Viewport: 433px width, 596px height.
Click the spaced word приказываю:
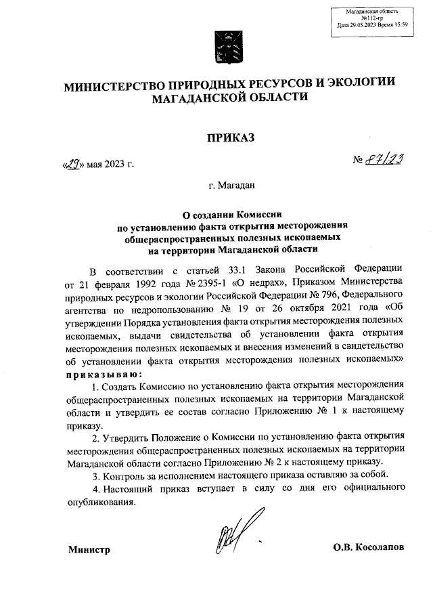(104, 374)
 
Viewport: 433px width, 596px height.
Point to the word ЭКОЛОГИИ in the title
(357, 84)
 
